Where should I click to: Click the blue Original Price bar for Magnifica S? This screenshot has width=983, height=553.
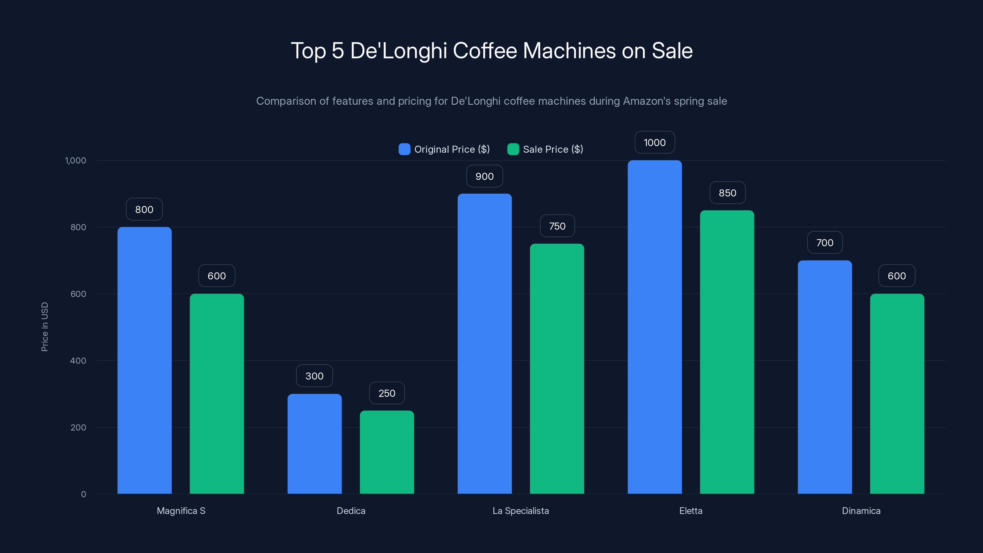[144, 360]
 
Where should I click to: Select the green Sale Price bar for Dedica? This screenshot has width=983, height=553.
[386, 452]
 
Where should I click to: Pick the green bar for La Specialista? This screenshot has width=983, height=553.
[557, 369]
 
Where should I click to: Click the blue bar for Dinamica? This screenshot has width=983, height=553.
[824, 377]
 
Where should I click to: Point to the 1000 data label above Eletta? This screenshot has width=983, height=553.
[654, 142]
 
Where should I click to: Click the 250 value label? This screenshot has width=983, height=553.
[386, 393]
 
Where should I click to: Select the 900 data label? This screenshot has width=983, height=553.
[484, 176]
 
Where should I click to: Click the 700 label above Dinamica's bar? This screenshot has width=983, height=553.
[824, 242]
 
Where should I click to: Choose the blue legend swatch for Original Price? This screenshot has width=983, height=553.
[404, 149]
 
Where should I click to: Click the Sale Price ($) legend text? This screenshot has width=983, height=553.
[553, 149]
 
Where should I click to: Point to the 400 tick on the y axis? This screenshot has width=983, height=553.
[78, 361]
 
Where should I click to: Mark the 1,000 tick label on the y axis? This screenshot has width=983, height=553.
[76, 160]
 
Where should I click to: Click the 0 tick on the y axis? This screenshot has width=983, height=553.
[84, 494]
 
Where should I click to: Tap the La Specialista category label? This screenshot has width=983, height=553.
[520, 511]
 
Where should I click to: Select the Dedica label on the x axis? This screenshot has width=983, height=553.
[351, 511]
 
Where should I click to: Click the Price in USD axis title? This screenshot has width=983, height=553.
[45, 327]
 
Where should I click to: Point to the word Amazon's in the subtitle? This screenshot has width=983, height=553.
[646, 101]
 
